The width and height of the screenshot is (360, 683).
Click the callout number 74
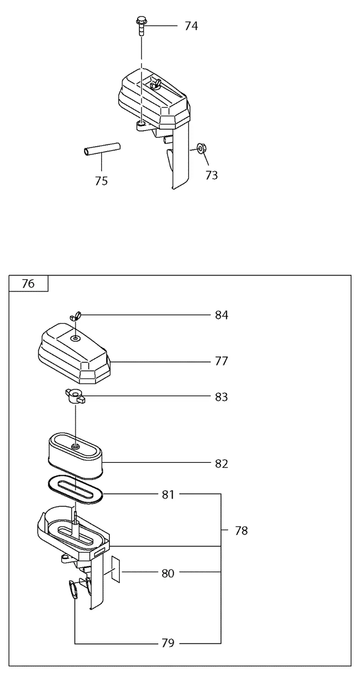(191, 26)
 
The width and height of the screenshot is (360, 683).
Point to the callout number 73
(211, 175)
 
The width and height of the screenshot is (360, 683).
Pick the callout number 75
(101, 181)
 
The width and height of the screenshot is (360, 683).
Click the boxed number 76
(28, 284)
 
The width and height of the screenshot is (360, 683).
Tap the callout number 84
(221, 315)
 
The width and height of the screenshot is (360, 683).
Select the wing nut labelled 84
(75, 315)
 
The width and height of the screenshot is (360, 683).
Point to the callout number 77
(221, 362)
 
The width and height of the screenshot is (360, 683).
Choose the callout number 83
(221, 397)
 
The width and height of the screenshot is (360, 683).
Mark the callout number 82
(221, 464)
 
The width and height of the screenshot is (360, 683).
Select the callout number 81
(168, 494)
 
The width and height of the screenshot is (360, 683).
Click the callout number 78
(241, 531)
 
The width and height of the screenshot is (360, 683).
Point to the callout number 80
(168, 573)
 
